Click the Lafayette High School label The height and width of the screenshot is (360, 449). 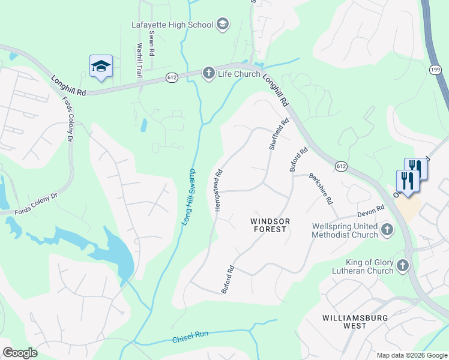pyautogui.click(x=172, y=25)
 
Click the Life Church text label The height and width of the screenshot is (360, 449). pyautogui.click(x=238, y=74)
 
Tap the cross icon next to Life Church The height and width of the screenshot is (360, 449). pyautogui.click(x=208, y=73)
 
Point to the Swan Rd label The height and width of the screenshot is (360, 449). pyautogui.click(x=152, y=44)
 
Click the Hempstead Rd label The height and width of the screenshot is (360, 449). pyautogui.click(x=218, y=190)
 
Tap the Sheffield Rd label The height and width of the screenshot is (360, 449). pyautogui.click(x=279, y=134)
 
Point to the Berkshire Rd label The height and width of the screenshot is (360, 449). pyautogui.click(x=321, y=188)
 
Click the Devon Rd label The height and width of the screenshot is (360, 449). pyautogui.click(x=370, y=211)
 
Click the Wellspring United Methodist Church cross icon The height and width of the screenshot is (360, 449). pyautogui.click(x=387, y=229)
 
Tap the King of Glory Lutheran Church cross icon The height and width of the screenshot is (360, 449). pyautogui.click(x=402, y=265)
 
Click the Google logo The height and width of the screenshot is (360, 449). pyautogui.click(x=19, y=353)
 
